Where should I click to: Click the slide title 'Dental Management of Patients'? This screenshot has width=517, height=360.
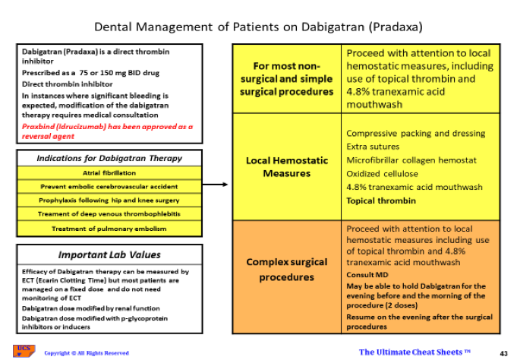point(258,27)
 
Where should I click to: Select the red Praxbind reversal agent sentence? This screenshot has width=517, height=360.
point(107,131)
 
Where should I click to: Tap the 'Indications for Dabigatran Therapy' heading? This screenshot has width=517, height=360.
point(109,158)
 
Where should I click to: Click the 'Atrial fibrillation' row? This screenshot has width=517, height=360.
point(109,172)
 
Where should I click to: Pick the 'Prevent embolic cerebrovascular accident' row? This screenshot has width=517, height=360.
point(109,186)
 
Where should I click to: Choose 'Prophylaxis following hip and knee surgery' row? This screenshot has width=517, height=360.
point(109,200)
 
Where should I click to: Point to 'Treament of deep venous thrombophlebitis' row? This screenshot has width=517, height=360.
point(109,213)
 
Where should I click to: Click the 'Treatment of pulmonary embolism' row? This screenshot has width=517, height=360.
point(109,228)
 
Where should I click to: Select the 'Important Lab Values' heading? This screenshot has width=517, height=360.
point(109,254)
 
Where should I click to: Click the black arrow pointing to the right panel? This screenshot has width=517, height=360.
point(216,185)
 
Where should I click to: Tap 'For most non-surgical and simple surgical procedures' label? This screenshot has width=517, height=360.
point(286,79)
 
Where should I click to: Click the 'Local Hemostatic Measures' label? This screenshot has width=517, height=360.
point(286,166)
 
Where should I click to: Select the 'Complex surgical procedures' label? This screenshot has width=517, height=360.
point(286,270)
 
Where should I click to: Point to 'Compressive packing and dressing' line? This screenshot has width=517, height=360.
point(415,133)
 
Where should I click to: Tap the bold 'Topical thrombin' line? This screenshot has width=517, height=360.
point(381,201)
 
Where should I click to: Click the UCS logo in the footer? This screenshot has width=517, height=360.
point(23,350)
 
